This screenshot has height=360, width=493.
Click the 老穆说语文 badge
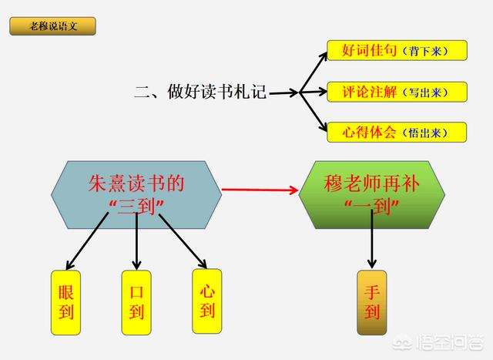[x=53, y=27]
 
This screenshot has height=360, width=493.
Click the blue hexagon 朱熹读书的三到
[x=136, y=194]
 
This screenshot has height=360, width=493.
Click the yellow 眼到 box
[x=65, y=303]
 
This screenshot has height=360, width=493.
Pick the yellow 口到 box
[x=136, y=303]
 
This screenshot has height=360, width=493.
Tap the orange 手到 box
[x=372, y=303]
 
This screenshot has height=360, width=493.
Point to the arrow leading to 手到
[x=372, y=243]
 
